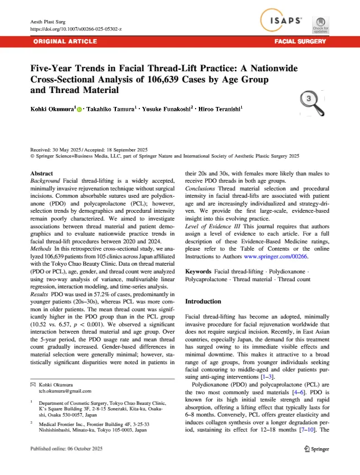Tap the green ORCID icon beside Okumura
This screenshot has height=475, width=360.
[x=79, y=111]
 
